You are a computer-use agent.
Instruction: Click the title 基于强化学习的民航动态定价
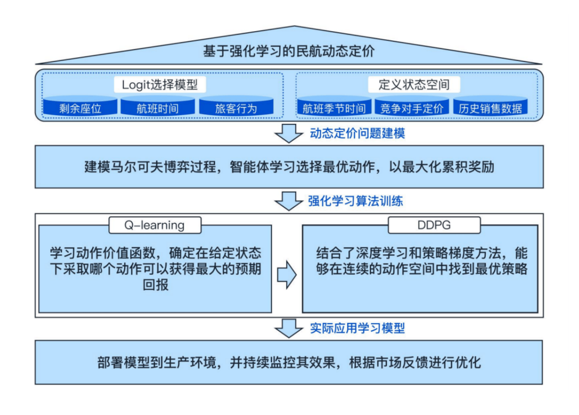coord(289,51)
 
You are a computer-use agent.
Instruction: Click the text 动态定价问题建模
coord(357,134)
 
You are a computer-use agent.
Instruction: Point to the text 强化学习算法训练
coord(356,201)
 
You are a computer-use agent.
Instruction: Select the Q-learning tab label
coord(154,225)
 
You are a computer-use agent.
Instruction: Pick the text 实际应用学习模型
coord(357,328)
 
